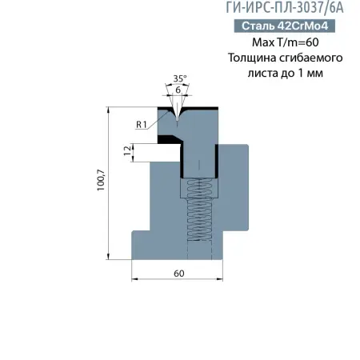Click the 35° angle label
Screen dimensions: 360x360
point(180,78)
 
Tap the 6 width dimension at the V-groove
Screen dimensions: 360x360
point(178,90)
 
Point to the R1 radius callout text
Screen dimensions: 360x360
point(141,124)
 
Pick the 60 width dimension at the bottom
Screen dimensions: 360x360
point(178,273)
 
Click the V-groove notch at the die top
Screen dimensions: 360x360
point(178,113)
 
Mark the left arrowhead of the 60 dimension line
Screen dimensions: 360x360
point(134,279)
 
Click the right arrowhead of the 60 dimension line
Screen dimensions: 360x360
point(222,279)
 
